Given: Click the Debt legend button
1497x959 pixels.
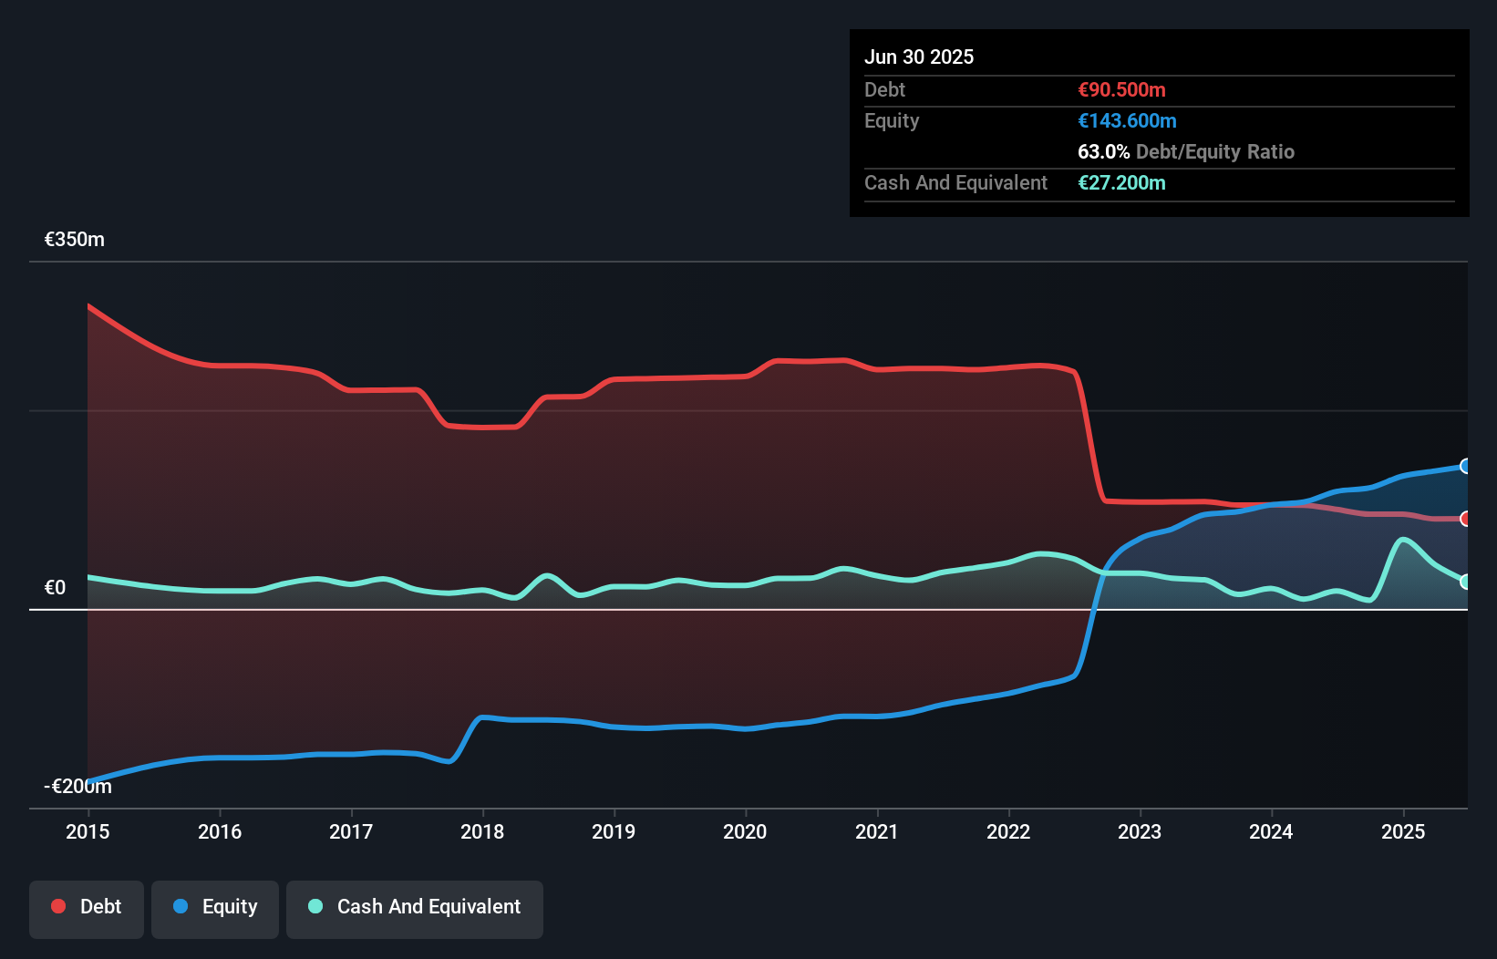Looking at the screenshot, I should (87, 908).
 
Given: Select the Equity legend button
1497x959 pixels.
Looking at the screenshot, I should (215, 908).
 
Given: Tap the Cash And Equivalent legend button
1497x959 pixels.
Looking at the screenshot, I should (415, 908).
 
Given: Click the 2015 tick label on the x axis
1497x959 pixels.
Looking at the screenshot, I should (88, 831).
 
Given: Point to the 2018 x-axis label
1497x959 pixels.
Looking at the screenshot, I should (482, 831).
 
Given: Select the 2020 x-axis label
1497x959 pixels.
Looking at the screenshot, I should (745, 831).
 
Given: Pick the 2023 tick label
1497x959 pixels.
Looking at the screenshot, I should (1140, 831).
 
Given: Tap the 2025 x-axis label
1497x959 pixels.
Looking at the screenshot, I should (1403, 831).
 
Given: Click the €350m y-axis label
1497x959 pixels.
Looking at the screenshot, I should (75, 240).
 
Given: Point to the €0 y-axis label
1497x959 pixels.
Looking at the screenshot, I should (56, 588).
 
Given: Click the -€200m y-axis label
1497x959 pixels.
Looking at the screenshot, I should (77, 786).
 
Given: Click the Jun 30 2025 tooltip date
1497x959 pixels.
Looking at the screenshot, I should (919, 57).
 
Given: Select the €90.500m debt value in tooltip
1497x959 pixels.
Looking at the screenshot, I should (1121, 90).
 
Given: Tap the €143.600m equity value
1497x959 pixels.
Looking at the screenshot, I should (1127, 121).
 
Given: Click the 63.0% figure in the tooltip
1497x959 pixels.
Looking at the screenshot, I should (1103, 152).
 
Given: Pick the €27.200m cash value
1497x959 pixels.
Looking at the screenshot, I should (1121, 183).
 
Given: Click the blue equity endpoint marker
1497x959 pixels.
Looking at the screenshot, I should (1465, 466).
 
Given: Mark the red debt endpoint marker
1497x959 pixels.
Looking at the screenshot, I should (1465, 519).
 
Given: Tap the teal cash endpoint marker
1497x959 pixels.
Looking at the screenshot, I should (1465, 582).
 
